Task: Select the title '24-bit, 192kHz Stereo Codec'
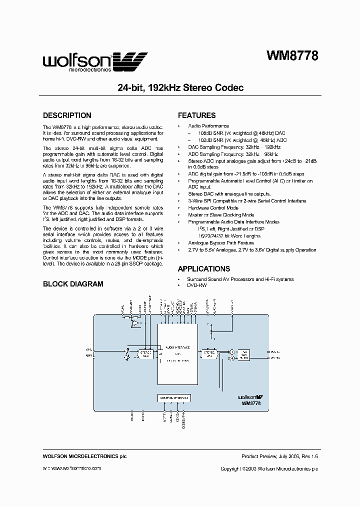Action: point(180,87)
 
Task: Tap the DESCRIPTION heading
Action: point(67,115)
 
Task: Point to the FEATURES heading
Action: point(196,115)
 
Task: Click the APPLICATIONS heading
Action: point(204,268)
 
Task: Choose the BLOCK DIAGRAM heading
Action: point(73,284)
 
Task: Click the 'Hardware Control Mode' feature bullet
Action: point(213,207)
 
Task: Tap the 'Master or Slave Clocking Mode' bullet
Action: point(221,214)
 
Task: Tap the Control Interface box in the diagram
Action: point(174,398)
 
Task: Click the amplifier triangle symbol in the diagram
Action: point(135,324)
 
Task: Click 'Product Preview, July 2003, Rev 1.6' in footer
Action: point(279,456)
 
